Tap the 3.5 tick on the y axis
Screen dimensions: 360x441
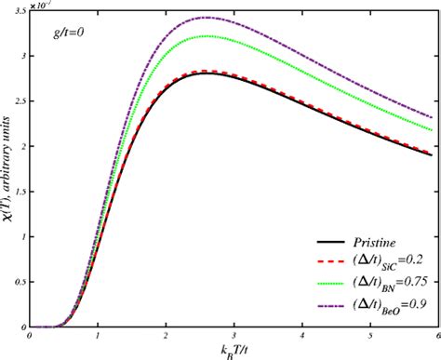point(22,8)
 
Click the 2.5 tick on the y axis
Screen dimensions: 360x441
point(22,100)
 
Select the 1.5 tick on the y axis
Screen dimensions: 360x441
point(22,191)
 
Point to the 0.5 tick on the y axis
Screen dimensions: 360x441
point(22,282)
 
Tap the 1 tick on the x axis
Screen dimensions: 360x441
point(98,336)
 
